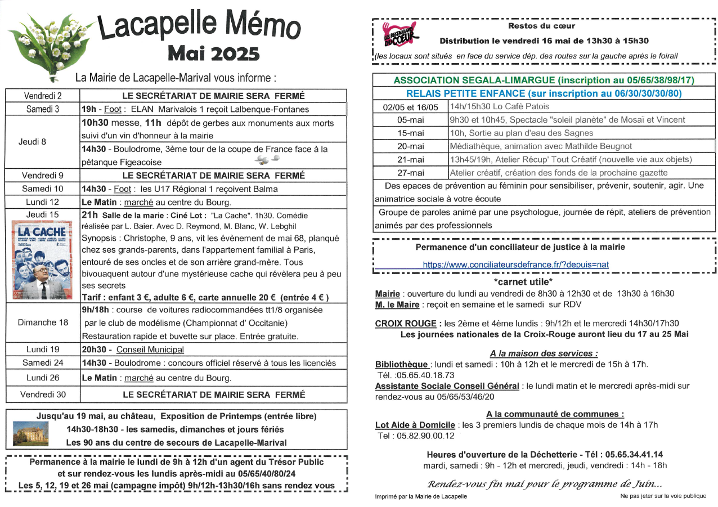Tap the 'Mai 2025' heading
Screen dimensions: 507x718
click(214, 53)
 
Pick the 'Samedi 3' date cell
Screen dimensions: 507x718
click(43, 109)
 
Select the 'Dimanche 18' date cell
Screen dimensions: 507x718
click(43, 322)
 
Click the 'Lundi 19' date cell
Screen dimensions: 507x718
click(43, 349)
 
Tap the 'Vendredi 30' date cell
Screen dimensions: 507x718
click(43, 394)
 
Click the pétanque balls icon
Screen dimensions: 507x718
click(262, 161)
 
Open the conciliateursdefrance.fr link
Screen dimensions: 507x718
click(515, 264)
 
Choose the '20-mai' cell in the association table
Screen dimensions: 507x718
click(410, 146)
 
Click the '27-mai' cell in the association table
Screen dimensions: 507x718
click(410, 173)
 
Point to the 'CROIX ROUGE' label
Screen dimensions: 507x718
click(405, 324)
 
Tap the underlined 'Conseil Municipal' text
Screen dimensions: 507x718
click(150, 349)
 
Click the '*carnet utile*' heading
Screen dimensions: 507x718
click(523, 282)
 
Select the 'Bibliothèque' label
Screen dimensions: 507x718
click(401, 365)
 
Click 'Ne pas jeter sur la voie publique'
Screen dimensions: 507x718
click(663, 496)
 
